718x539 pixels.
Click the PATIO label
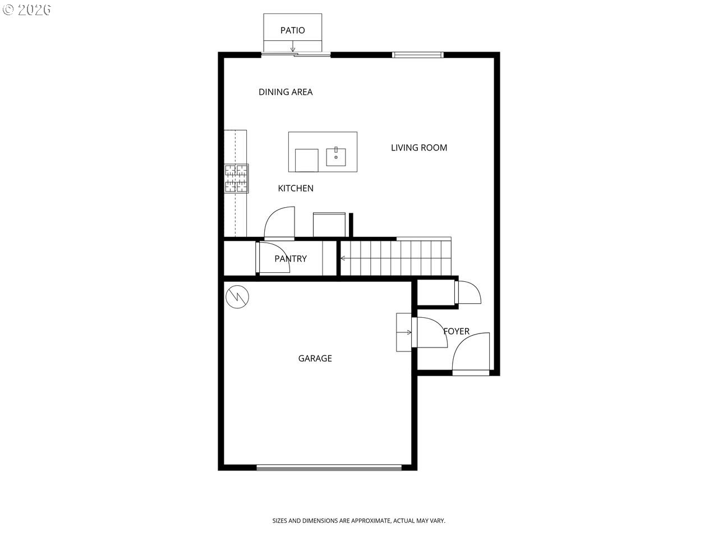292,30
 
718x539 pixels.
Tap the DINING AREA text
286,92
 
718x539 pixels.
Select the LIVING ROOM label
419,148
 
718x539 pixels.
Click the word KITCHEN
296,188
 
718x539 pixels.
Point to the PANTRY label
291,259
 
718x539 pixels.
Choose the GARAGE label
315,358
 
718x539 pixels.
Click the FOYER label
457,331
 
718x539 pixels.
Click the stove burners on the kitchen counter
236,179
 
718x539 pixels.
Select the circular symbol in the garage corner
237,296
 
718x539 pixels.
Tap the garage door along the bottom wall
329,467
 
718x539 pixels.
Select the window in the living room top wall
417,54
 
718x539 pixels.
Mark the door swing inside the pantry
273,258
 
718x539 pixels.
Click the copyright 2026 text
26,10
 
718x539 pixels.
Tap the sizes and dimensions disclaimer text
358,521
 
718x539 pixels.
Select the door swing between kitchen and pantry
279,223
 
